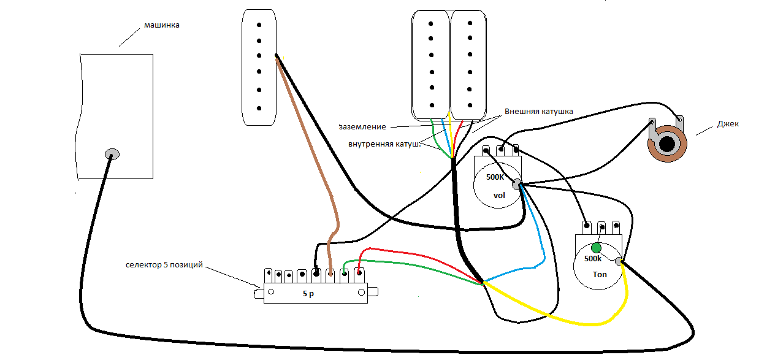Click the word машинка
162,25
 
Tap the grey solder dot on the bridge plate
112,153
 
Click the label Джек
728,123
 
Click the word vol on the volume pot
499,196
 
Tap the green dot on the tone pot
596,248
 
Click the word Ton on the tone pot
600,274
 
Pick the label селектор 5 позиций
164,265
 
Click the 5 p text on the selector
308,294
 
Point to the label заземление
362,127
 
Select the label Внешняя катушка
538,112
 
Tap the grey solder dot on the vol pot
517,183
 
